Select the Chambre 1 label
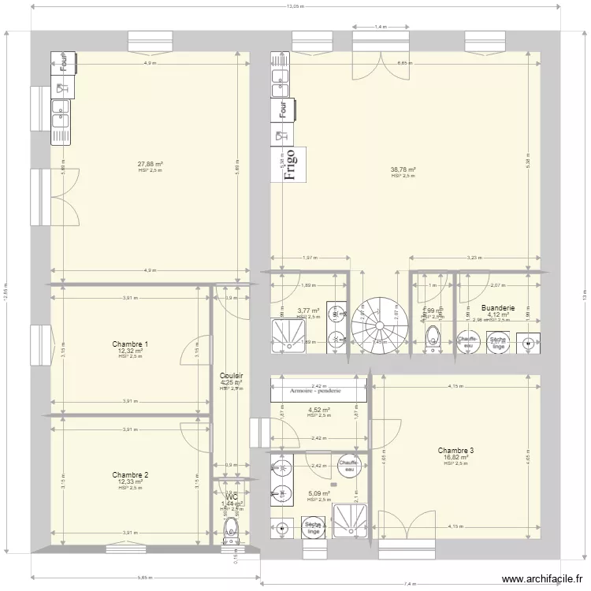(x=130, y=344)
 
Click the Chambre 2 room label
(x=130, y=475)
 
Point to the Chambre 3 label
(x=456, y=451)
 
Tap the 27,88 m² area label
(x=150, y=164)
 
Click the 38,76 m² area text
(x=403, y=169)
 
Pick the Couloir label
(x=232, y=376)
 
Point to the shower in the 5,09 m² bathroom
(x=348, y=521)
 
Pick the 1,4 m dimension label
(x=381, y=27)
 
